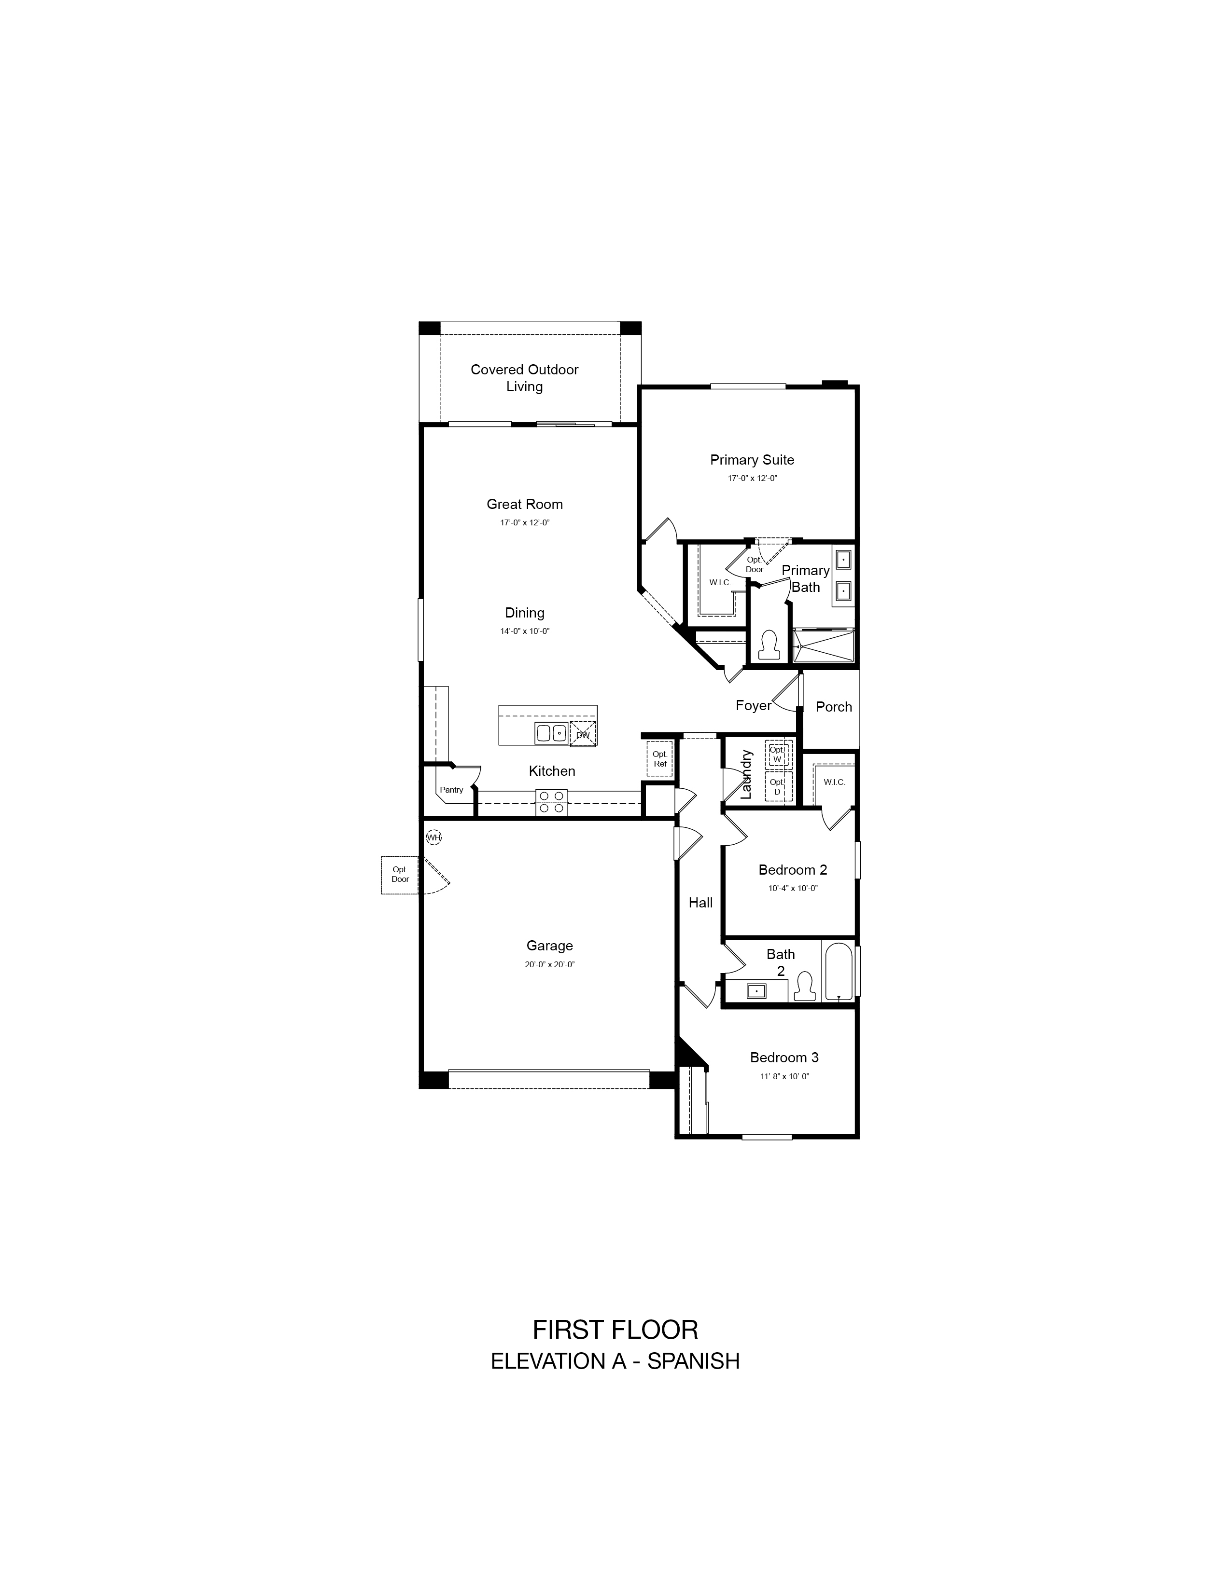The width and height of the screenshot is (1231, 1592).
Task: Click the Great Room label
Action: (x=524, y=504)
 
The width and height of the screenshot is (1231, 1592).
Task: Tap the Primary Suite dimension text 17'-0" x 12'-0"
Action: (x=752, y=478)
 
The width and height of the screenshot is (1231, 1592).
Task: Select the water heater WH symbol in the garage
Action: (x=434, y=837)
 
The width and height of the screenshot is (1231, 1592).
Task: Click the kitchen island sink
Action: (x=551, y=733)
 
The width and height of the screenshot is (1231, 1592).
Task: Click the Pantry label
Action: (x=451, y=789)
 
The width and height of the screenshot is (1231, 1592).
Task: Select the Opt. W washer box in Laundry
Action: (x=777, y=755)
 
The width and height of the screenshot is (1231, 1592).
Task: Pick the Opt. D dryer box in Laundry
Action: (x=777, y=786)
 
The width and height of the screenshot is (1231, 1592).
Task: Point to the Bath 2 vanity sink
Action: (x=756, y=990)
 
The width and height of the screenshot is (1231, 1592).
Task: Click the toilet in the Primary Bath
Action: (x=768, y=645)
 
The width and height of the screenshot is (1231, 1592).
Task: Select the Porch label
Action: (x=834, y=706)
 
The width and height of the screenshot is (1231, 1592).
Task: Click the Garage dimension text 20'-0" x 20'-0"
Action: (x=550, y=964)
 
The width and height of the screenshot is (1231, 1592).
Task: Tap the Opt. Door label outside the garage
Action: (x=400, y=874)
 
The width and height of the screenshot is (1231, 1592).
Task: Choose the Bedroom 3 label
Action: (x=784, y=1057)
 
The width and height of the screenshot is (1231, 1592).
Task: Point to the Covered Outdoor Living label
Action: (x=524, y=378)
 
